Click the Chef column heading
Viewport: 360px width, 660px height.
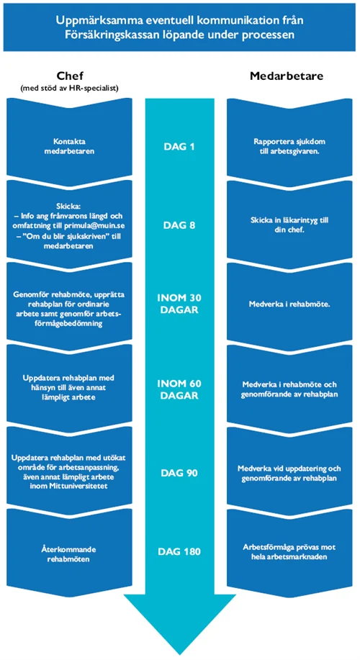[71, 76]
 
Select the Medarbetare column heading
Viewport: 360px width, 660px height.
[287, 76]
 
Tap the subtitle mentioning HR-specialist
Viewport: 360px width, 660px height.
[71, 88]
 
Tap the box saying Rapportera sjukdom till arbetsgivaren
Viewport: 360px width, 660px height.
[289, 140]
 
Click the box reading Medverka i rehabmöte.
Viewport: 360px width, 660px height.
[289, 304]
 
